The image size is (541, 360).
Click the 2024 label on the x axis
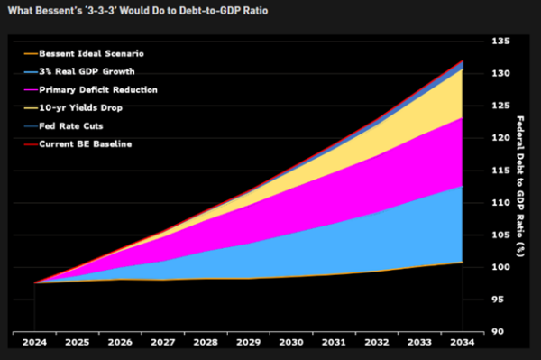[x=34, y=344]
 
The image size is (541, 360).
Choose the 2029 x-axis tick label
[x=248, y=344]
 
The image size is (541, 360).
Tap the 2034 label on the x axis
[x=462, y=344]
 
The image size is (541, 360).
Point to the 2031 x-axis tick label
[x=334, y=344]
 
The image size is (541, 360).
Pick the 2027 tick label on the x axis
[x=162, y=344]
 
